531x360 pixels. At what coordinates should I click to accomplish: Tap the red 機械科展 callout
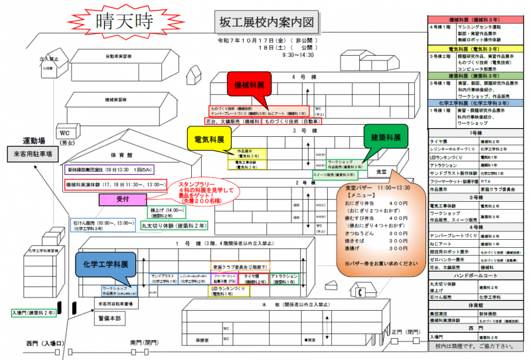249,86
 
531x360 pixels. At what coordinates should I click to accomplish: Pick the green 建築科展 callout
385,139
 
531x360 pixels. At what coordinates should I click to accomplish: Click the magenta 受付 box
121,199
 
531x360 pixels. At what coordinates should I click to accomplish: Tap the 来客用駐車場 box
33,155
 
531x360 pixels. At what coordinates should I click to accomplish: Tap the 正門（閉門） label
405,332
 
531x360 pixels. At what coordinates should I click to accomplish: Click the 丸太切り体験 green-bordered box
174,226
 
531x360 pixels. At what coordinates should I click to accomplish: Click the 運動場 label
35,141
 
